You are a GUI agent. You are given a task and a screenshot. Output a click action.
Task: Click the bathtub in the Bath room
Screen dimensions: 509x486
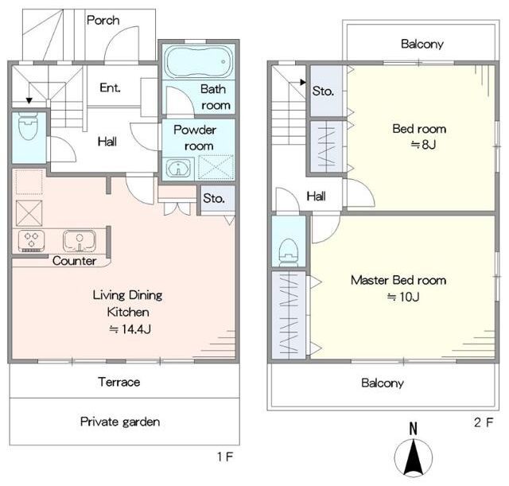[199, 61]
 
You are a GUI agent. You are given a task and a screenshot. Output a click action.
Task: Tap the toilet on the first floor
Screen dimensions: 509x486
[29, 126]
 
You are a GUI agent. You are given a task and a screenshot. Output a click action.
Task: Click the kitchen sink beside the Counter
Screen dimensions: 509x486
[80, 240]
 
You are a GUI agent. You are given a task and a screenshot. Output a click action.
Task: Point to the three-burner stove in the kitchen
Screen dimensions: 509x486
[32, 240]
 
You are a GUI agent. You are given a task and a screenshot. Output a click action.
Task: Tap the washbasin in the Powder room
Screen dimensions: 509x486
[178, 168]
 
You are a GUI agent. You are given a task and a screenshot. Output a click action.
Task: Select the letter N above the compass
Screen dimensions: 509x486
[413, 429]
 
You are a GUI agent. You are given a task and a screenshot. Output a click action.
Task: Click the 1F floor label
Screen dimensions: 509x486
[225, 457]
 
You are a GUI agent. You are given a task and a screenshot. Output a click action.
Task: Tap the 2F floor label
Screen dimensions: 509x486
[484, 422]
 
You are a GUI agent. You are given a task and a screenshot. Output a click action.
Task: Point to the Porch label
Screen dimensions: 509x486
[103, 21]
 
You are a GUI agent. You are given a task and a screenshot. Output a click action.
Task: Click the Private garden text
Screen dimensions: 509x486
[120, 422]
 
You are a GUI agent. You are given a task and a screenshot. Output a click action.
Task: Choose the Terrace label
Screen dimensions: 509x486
[119, 382]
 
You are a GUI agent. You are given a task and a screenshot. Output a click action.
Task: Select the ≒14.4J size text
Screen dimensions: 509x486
[130, 329]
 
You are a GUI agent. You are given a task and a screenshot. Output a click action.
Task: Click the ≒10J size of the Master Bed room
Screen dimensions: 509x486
[403, 297]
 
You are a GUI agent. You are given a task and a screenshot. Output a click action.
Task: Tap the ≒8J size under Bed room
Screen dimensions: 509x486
[423, 144]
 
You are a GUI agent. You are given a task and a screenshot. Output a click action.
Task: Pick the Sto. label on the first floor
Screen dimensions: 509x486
[214, 198]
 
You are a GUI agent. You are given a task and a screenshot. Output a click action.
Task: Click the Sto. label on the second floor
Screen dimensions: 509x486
[323, 91]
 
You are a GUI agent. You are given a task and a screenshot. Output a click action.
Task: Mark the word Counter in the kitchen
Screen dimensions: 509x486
[74, 261]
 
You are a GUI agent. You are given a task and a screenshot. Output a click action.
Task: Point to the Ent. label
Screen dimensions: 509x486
[110, 87]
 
